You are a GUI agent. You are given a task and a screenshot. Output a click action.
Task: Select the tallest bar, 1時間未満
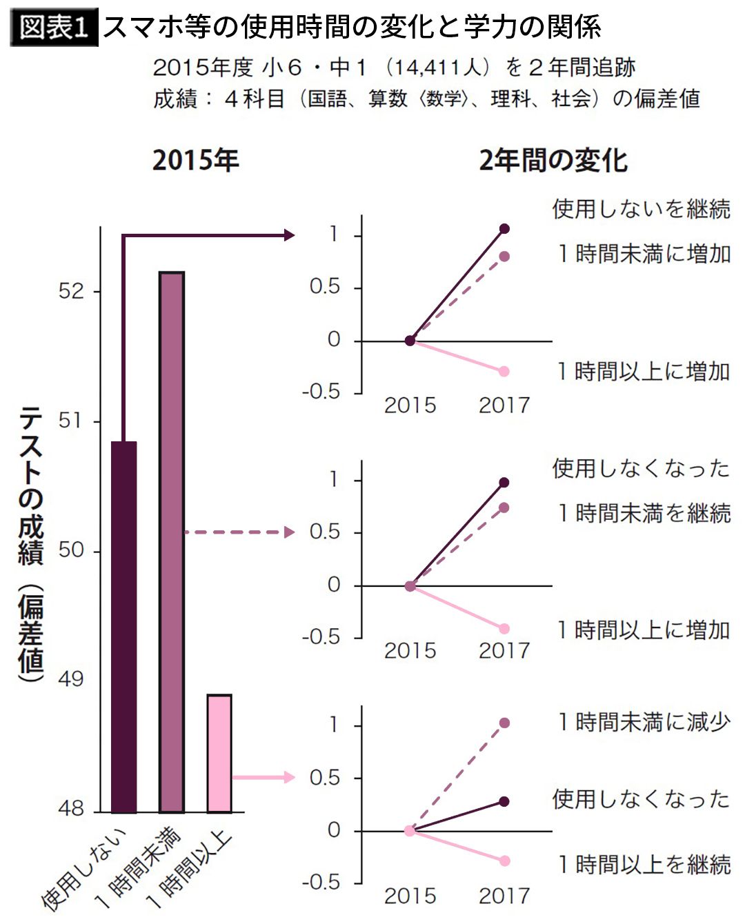[172, 542]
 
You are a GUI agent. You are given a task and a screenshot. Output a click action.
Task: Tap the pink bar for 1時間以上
[219, 753]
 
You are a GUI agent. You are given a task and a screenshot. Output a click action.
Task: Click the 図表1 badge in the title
[54, 28]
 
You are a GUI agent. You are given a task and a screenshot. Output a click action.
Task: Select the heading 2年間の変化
[553, 161]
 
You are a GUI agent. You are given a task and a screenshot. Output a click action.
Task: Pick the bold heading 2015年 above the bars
[195, 161]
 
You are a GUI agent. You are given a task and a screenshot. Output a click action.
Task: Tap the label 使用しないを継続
[641, 208]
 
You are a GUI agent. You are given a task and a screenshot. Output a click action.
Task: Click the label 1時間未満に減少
[644, 722]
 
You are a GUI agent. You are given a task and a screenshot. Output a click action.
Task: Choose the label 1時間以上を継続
[644, 864]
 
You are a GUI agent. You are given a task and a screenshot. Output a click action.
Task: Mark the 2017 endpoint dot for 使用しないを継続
[504, 229]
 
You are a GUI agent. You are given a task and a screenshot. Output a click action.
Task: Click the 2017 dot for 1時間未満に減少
[504, 723]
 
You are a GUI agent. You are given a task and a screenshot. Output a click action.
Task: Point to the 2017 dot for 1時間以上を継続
[504, 861]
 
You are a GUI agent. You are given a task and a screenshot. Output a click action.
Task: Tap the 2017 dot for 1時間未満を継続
[504, 508]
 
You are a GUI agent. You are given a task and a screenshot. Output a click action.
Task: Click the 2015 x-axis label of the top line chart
[410, 405]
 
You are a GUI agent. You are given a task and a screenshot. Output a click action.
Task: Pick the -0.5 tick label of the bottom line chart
[321, 883]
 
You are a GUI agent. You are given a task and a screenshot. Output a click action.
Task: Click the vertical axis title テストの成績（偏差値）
[30, 545]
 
